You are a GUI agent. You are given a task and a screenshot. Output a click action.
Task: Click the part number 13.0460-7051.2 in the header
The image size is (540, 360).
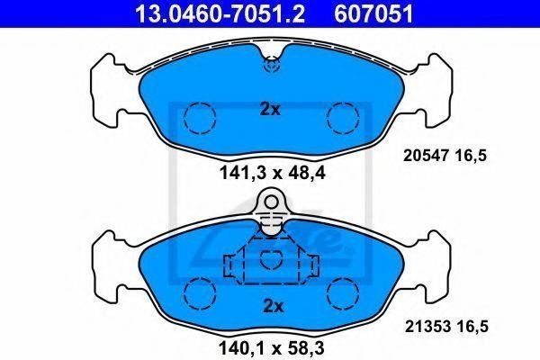220,13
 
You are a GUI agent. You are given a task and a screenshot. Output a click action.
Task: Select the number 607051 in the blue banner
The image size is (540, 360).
373,13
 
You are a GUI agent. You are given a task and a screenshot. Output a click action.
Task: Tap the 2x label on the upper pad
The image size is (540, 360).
270,109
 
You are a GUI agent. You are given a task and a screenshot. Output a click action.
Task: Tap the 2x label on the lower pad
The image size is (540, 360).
273,306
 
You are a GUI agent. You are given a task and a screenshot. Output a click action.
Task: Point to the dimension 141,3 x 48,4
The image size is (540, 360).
272,173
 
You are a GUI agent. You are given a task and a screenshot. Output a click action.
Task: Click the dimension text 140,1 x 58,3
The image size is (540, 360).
272,348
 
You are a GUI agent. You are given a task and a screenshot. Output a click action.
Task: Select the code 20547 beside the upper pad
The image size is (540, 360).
426,156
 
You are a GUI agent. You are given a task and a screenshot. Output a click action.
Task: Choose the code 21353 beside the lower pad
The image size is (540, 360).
427,326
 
